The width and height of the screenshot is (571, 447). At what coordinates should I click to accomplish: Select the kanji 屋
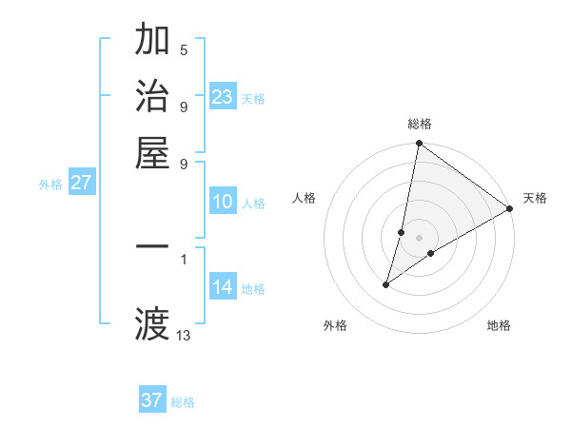point(152,152)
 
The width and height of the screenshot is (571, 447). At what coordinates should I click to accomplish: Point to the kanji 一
point(152,246)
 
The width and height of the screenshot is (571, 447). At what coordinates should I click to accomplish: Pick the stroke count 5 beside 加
point(184,50)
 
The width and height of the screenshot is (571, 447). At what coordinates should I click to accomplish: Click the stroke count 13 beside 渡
point(184,335)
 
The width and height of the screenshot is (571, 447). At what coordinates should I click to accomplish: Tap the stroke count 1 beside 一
point(184,257)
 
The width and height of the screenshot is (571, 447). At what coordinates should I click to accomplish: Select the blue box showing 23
point(222,97)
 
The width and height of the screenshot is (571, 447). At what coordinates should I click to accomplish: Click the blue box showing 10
point(222,202)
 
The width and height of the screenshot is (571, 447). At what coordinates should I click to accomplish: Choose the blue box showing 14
point(222,287)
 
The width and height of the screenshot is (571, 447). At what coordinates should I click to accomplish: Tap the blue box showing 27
point(81,183)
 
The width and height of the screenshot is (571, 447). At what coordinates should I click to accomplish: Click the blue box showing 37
point(151,400)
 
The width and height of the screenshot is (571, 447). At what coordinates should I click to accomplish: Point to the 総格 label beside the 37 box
point(183,402)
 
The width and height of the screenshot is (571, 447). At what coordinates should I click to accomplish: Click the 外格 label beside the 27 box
point(50,185)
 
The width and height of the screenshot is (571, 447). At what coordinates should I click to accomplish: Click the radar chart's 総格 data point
point(419,145)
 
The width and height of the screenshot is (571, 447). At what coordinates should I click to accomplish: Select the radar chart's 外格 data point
point(386,284)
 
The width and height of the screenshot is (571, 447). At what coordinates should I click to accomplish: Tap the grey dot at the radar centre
point(419,237)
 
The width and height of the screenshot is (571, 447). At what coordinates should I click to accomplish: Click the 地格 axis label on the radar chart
point(499,325)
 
